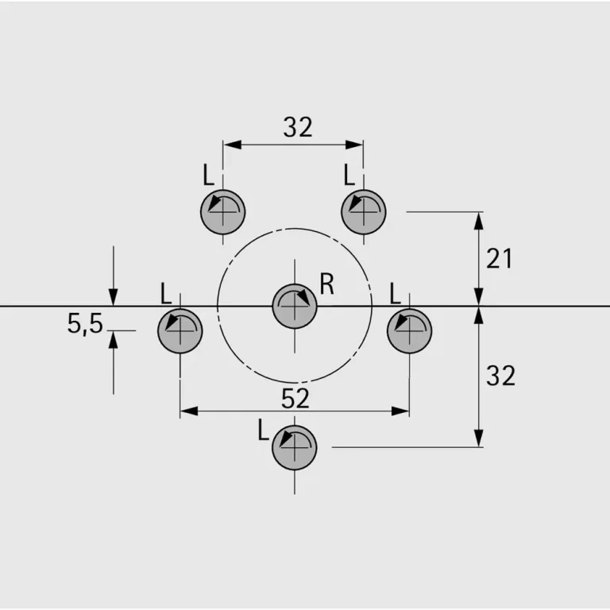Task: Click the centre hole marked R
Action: click(x=295, y=307)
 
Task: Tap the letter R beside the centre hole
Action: click(x=326, y=284)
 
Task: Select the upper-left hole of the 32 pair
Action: click(x=223, y=212)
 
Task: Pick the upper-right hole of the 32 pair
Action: click(x=363, y=212)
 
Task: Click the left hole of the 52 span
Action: click(x=180, y=330)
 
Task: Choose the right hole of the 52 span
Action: click(x=409, y=330)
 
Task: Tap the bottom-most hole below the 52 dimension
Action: click(x=295, y=447)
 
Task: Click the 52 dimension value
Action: click(x=295, y=399)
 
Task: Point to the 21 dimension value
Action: click(x=499, y=258)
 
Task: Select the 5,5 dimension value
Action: click(x=85, y=324)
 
